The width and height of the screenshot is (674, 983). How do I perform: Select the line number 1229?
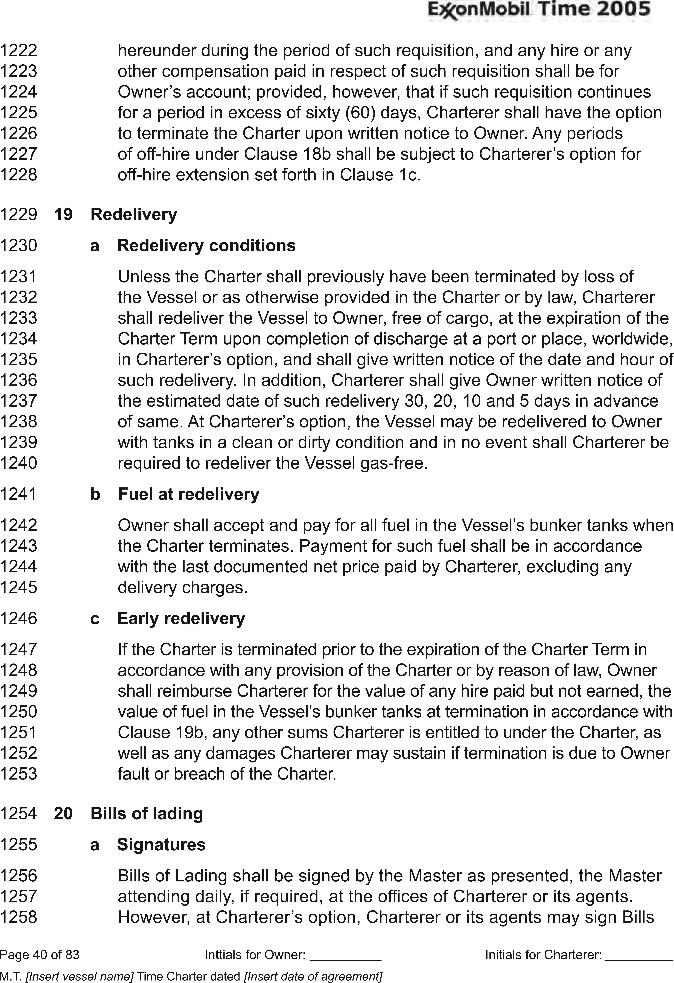click(x=19, y=214)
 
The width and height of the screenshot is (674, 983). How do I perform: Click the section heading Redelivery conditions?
click(x=206, y=245)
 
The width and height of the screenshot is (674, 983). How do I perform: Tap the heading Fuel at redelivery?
click(x=189, y=494)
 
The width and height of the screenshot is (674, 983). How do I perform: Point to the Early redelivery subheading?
click(x=181, y=618)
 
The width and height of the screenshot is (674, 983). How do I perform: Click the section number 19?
click(x=63, y=214)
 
